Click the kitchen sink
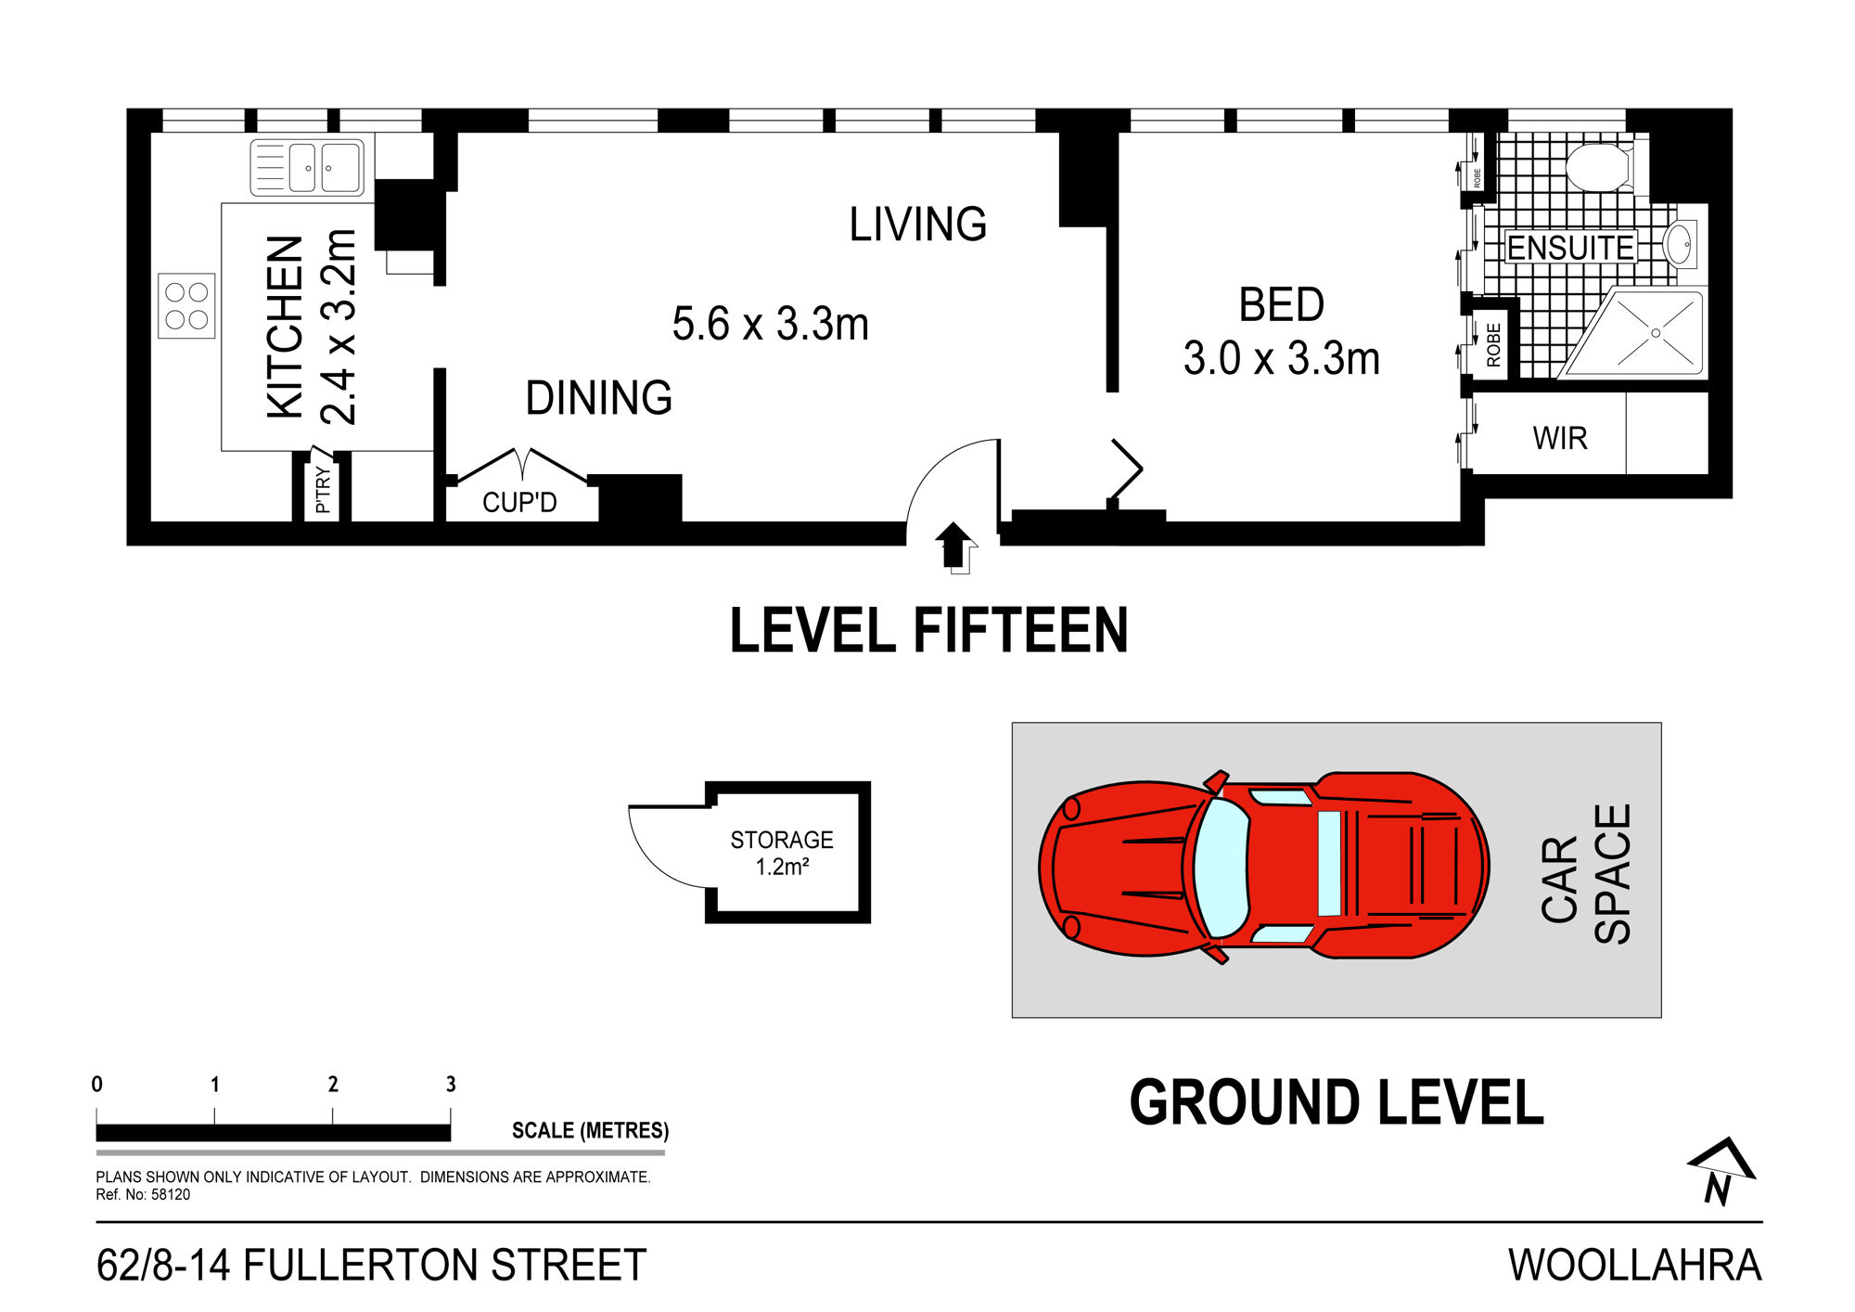[307, 168]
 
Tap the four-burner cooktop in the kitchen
[186, 306]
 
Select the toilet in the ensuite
[1599, 167]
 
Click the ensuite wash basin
[1681, 245]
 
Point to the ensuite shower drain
[1656, 333]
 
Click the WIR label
[1560, 438]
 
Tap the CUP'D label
[519, 502]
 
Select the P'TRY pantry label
[322, 489]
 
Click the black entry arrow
[954, 546]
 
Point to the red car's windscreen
[1222, 868]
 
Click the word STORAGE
[782, 840]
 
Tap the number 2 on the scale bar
[333, 1084]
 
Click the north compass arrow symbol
[1721, 1171]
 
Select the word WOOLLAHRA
[1634, 1266]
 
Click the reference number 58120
[171, 1195]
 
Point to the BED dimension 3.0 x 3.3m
[1282, 359]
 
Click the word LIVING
[918, 225]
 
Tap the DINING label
[599, 398]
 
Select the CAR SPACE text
[1586, 874]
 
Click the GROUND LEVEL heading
[1337, 1103]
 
